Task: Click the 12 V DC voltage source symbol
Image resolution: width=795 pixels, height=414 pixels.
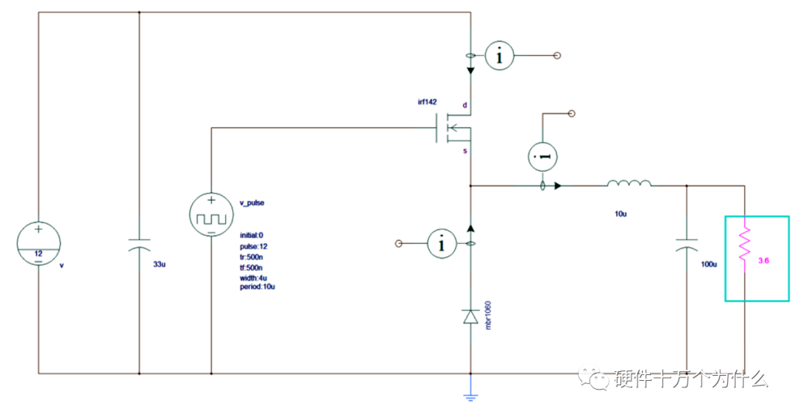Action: pyautogui.click(x=38, y=244)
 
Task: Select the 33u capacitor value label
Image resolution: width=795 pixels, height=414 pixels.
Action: pyautogui.click(x=159, y=264)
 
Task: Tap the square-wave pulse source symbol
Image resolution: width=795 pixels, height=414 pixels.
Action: pyautogui.click(x=211, y=214)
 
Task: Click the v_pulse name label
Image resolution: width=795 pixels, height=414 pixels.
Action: pyautogui.click(x=252, y=203)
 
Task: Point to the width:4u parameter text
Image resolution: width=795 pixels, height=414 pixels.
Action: pyautogui.click(x=253, y=278)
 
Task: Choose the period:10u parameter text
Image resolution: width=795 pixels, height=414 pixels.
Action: pyautogui.click(x=258, y=287)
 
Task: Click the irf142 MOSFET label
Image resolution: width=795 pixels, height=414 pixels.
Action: pyautogui.click(x=427, y=102)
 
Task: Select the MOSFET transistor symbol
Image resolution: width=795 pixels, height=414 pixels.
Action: pyautogui.click(x=453, y=128)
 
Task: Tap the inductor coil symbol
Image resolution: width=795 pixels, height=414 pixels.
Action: pyautogui.click(x=629, y=183)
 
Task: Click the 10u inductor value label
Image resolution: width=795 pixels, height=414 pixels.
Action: pyautogui.click(x=621, y=214)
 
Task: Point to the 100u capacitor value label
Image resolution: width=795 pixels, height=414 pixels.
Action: pyautogui.click(x=709, y=264)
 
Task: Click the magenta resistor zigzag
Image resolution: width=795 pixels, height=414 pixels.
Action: pyautogui.click(x=744, y=245)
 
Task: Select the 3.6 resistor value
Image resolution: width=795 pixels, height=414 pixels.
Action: pyautogui.click(x=763, y=261)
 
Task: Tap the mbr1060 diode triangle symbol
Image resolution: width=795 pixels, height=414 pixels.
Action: pyautogui.click(x=471, y=317)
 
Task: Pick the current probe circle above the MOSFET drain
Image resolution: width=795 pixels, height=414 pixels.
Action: pyautogui.click(x=499, y=55)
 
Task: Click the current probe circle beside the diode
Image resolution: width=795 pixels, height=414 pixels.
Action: pyautogui.click(x=442, y=244)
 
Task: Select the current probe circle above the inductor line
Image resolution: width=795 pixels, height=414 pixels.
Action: pyautogui.click(x=543, y=157)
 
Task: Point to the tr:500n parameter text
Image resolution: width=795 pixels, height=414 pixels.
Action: pyautogui.click(x=252, y=257)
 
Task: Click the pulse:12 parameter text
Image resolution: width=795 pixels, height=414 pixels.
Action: pyautogui.click(x=253, y=247)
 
